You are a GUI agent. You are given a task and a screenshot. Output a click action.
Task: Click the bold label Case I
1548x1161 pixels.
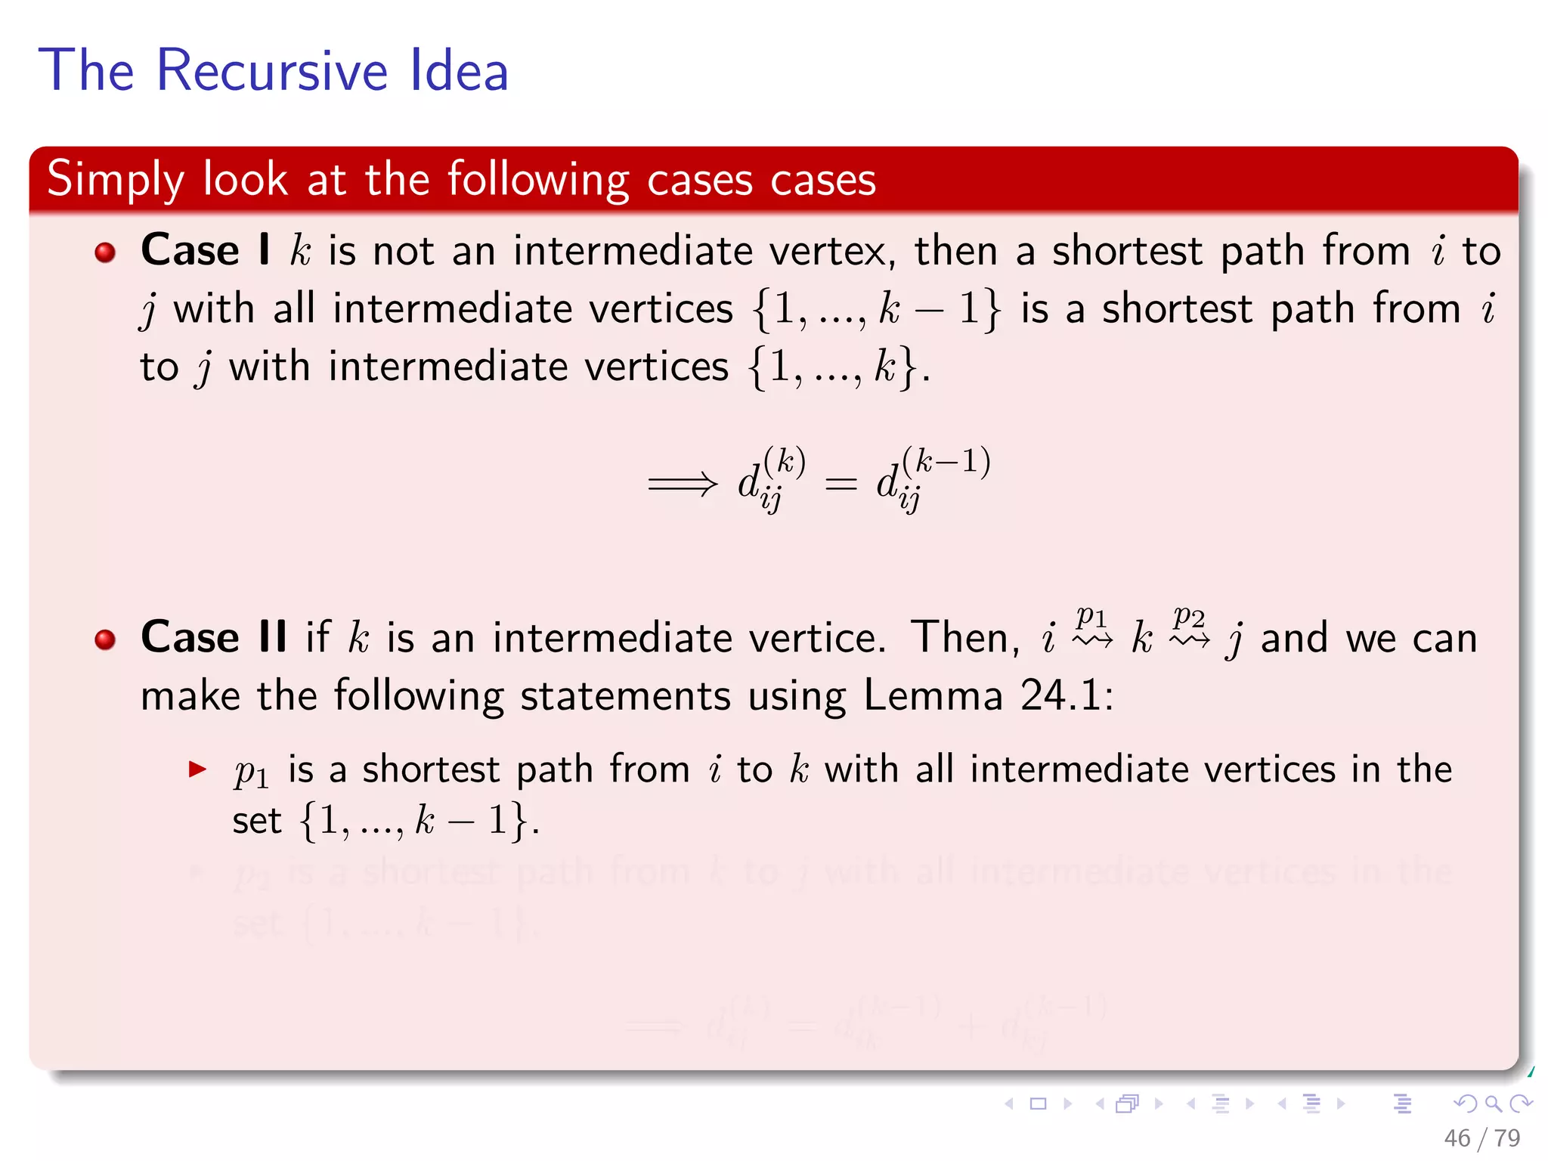(x=205, y=250)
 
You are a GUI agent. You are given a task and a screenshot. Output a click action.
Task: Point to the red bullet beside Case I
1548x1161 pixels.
(x=105, y=252)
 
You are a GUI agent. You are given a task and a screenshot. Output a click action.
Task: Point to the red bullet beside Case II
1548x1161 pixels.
(x=105, y=639)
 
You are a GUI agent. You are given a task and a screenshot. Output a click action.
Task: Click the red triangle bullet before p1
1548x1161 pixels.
(x=197, y=770)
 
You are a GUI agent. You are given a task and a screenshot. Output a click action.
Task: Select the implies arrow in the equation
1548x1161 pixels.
(x=683, y=484)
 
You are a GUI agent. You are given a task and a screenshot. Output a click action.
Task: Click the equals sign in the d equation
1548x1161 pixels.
(x=841, y=484)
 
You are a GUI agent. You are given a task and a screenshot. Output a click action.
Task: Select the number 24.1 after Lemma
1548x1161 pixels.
(x=1066, y=695)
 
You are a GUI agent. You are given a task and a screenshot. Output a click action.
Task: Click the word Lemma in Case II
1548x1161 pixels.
(x=933, y=695)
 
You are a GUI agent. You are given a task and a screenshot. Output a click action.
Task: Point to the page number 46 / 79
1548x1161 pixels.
(x=1481, y=1138)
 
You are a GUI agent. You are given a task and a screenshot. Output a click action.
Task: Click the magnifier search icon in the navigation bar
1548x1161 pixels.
(x=1493, y=1104)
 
